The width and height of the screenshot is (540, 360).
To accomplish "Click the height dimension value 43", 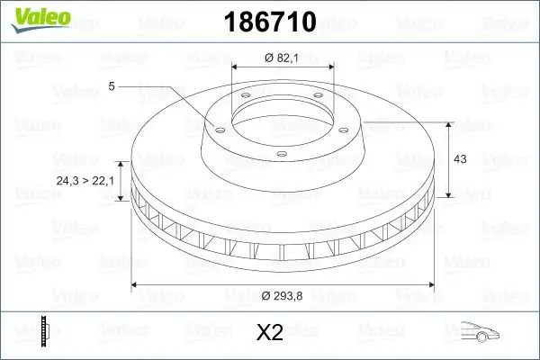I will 459,158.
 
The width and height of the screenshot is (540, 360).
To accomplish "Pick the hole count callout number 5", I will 112,86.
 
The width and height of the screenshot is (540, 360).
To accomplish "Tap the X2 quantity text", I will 269,333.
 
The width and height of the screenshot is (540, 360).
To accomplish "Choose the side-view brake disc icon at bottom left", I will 45,330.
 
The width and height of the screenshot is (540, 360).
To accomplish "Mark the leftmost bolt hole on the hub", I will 217,127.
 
